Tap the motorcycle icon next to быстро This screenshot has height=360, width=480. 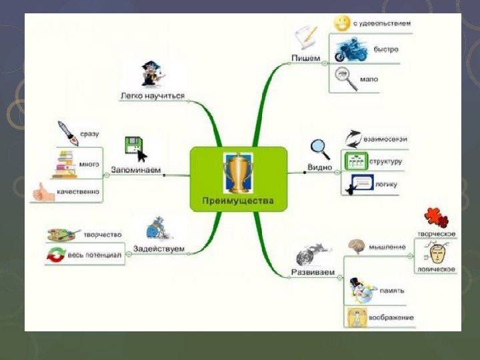347,49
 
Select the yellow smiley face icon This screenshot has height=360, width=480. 341,23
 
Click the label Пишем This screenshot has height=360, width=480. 306,58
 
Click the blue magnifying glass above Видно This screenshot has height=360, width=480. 320,147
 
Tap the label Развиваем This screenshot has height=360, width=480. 312,272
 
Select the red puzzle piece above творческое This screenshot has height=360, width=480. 437,218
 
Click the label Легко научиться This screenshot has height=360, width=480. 153,95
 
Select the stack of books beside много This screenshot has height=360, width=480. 65,163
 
